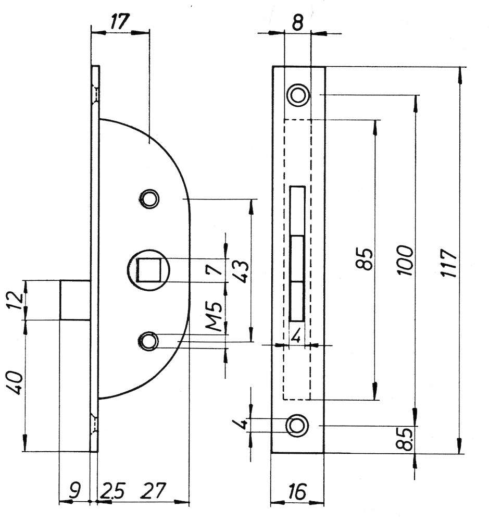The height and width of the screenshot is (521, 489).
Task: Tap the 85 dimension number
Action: pyautogui.click(x=365, y=258)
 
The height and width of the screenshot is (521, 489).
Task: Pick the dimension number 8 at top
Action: pyautogui.click(x=298, y=23)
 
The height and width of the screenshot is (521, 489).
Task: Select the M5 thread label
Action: pyautogui.click(x=214, y=316)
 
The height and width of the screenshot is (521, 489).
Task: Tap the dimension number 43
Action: pyautogui.click(x=242, y=271)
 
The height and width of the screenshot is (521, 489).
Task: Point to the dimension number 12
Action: pyautogui.click(x=16, y=301)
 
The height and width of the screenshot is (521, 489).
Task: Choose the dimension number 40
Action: pyautogui.click(x=15, y=383)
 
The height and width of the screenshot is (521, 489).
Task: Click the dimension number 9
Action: pyautogui.click(x=76, y=491)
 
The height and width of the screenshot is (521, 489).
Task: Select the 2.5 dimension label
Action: pyautogui.click(x=112, y=491)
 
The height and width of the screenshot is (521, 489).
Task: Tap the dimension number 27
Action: pyautogui.click(x=153, y=491)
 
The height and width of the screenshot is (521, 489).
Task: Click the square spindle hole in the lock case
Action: pyautogui.click(x=149, y=270)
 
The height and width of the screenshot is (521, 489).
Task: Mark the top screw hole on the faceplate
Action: pyautogui.click(x=298, y=95)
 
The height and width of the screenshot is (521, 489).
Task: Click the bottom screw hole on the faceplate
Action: pyautogui.click(x=297, y=425)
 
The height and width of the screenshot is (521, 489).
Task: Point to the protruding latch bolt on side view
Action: pyautogui.click(x=76, y=301)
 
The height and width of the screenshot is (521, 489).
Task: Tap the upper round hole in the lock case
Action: pyautogui.click(x=149, y=199)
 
